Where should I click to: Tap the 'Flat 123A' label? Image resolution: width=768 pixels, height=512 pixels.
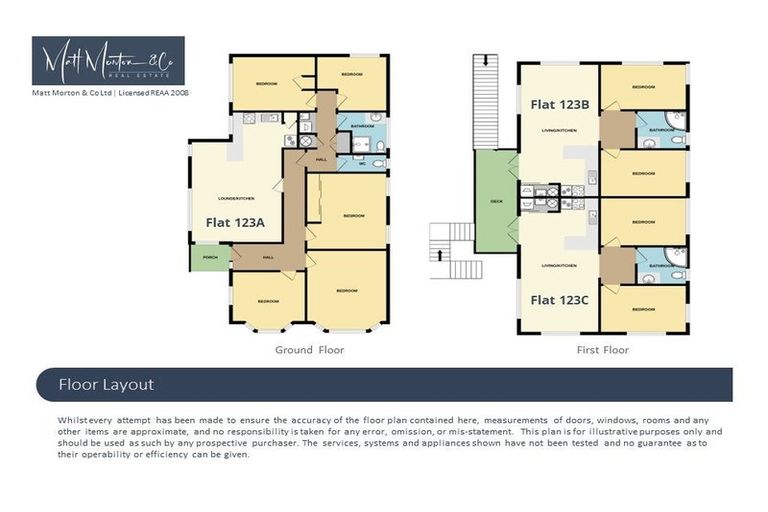235,223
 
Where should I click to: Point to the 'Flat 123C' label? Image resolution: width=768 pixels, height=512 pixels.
557,299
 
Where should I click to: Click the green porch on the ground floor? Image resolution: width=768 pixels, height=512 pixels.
208,257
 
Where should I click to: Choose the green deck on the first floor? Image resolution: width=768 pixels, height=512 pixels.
495,201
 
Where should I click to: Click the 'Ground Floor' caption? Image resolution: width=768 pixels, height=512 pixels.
309,351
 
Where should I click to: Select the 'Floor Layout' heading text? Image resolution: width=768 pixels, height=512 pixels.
105,384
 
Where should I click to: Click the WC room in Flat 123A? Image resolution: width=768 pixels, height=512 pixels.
362,163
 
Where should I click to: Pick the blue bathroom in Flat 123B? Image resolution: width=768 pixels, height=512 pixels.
661,130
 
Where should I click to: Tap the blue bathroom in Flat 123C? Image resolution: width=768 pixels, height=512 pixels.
661,265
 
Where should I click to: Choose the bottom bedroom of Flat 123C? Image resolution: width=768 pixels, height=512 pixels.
643,308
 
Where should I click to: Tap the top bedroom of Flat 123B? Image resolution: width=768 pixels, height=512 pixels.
643,87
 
